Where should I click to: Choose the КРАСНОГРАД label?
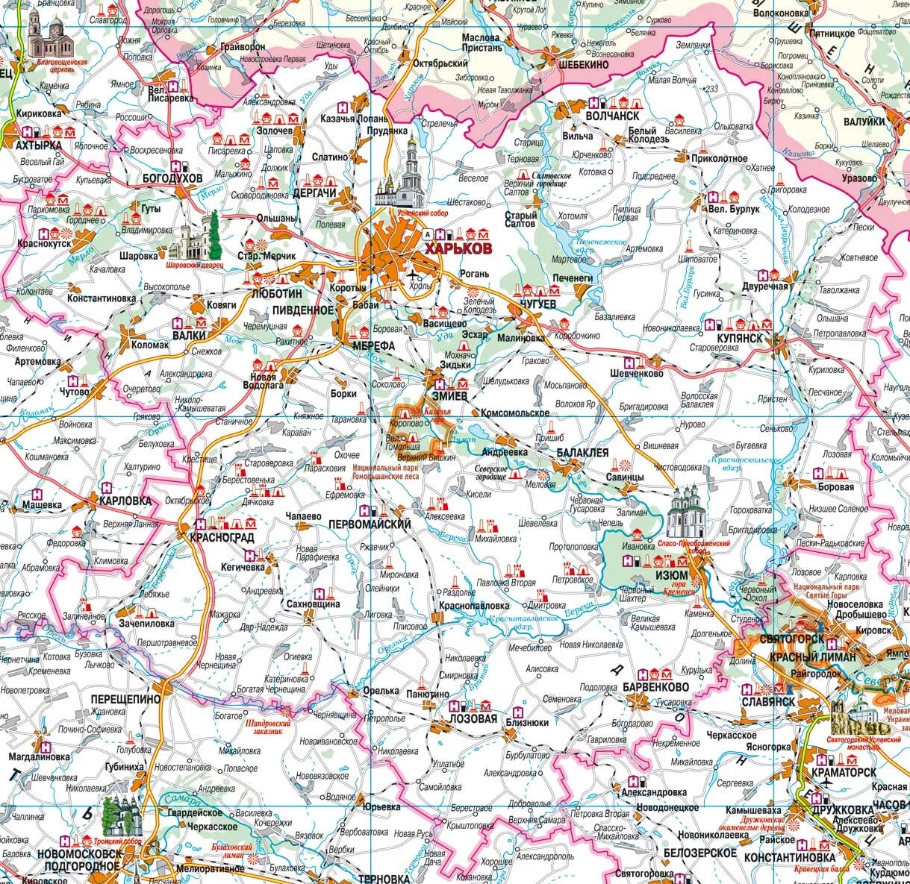tap(222, 537)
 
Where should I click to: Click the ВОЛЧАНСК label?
tap(612, 116)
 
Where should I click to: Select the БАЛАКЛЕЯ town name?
tap(583, 453)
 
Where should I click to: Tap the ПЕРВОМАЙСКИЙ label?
tap(370, 524)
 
